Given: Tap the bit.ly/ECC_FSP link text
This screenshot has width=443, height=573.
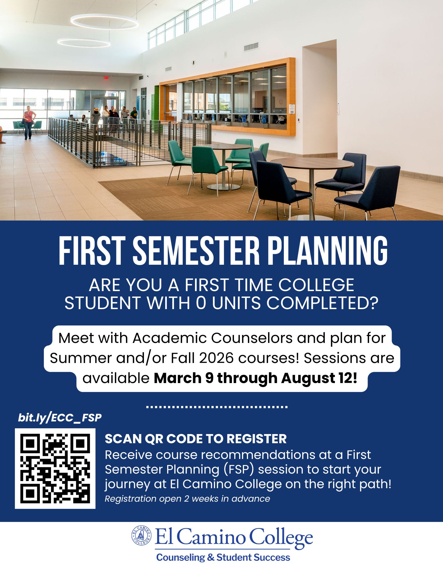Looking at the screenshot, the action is click(x=60, y=418).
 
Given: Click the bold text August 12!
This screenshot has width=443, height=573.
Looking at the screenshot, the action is click(x=319, y=378).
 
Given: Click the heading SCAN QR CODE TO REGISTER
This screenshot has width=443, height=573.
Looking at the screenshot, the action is click(x=196, y=439).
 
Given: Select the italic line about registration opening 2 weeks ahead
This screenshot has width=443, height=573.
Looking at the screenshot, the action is click(x=187, y=499).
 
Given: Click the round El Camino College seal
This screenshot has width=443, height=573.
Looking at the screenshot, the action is click(x=141, y=535).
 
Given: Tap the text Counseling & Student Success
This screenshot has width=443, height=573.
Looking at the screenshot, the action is click(x=223, y=558).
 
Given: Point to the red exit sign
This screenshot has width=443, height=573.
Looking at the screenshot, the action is click(x=106, y=78).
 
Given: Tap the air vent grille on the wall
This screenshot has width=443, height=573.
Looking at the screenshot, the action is click(x=251, y=47).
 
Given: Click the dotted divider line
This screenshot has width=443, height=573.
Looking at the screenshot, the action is click(x=217, y=407).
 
